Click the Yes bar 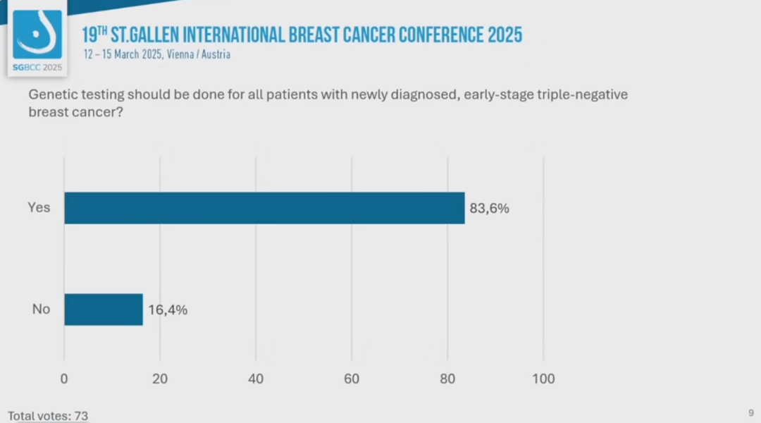264,208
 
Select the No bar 104,309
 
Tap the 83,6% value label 489,209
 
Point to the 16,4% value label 168,309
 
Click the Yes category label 39,208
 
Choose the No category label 41,309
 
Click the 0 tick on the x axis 64,379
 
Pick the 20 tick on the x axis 160,379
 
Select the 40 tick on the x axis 256,379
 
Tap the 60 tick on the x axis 352,379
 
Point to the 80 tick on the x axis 447,379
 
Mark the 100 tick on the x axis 543,379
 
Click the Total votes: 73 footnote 48,416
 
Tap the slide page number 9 751,412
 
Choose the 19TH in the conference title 94,35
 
